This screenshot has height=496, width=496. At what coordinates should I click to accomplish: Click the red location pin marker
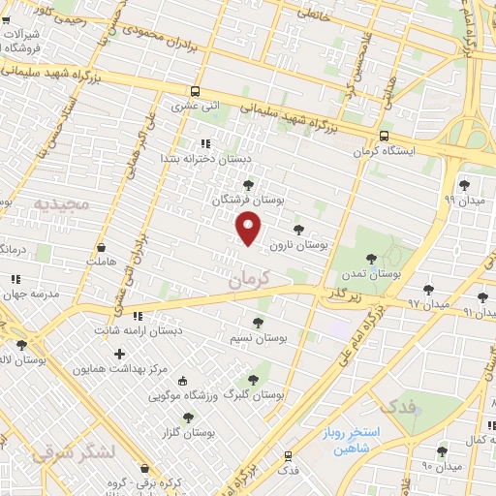249,227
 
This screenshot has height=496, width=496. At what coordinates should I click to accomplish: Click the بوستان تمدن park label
377,275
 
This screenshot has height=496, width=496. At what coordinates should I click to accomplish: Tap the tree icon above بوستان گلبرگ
254,380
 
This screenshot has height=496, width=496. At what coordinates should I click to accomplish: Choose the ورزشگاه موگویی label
188,396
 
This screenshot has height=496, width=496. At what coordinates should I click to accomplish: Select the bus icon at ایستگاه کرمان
384,137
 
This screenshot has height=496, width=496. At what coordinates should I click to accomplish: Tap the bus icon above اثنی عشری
198,91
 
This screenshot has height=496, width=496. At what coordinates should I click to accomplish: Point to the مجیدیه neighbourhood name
62,204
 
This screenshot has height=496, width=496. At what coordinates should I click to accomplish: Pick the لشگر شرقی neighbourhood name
73,453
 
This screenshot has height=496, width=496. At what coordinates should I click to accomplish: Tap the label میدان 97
428,305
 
